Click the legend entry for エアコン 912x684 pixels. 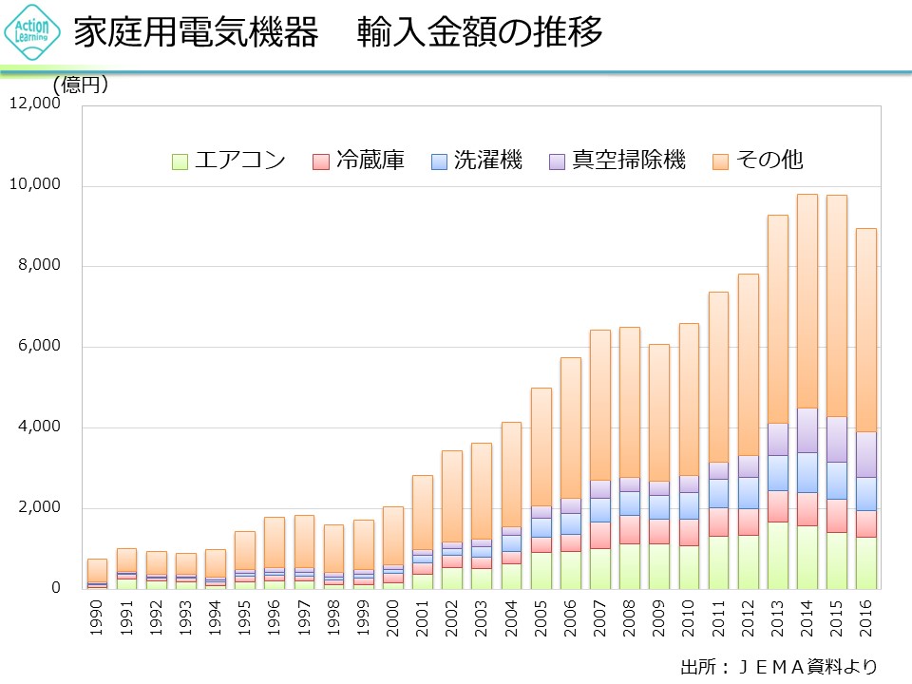pos(229,160)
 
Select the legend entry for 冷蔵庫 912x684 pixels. pos(358,160)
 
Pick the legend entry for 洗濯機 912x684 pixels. pos(476,160)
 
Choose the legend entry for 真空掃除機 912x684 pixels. pos(617,160)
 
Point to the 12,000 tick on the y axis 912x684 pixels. pos(35,104)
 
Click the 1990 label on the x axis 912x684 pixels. pos(97,617)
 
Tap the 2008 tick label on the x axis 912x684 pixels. pos(629,617)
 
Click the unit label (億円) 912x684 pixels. pos(80,85)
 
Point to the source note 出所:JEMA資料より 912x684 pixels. pos(779,665)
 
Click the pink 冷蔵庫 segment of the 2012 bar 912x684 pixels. pos(748,522)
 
